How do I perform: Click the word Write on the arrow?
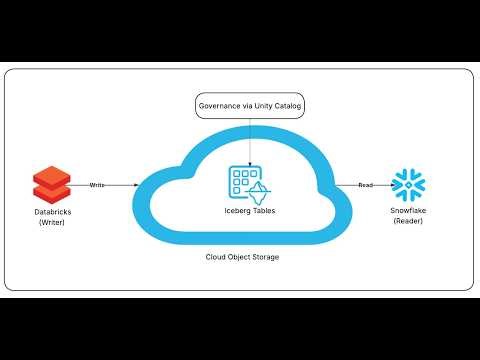[x=97, y=185]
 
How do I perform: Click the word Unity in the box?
[x=258, y=106]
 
